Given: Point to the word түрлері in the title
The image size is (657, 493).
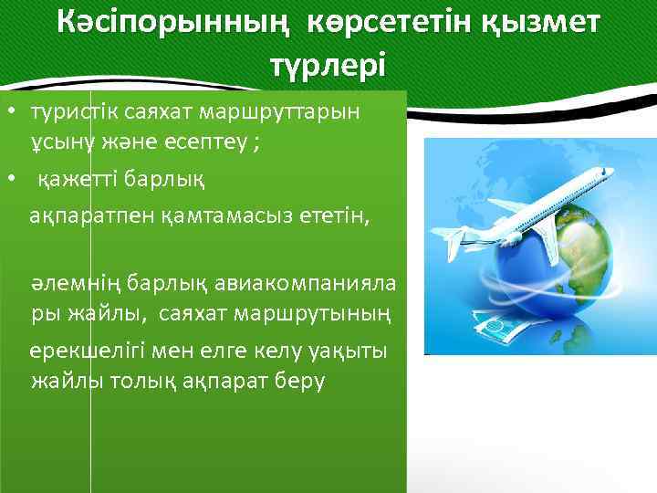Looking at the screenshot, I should pos(328,65).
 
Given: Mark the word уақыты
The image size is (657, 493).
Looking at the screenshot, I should pos(349,350).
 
